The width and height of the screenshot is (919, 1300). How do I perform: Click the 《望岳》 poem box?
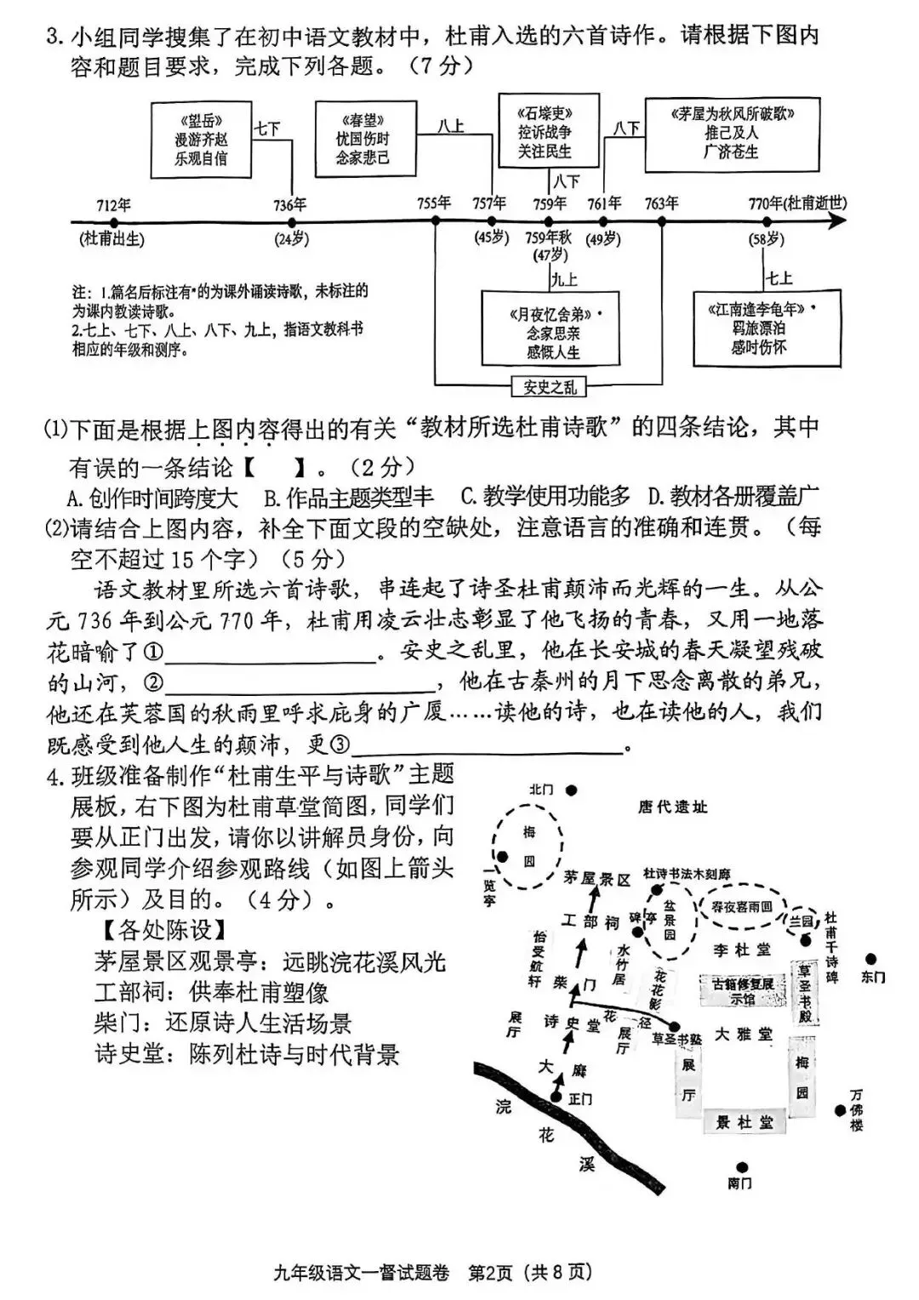coord(201,140)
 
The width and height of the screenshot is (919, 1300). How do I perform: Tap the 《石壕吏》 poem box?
coord(547,132)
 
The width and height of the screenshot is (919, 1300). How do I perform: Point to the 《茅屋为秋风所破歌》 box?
coord(732,134)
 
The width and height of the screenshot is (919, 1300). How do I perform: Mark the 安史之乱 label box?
coord(549,388)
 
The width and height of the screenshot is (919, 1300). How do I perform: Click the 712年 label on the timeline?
coord(113,205)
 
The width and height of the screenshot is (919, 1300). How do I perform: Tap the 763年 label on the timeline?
coord(661,203)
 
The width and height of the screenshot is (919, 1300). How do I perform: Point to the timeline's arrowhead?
coord(838,221)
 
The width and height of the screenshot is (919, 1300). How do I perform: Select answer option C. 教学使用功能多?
coord(545,497)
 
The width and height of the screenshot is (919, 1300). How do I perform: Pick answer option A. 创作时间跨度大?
coord(153,497)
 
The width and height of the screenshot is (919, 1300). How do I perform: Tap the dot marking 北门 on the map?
coord(572,790)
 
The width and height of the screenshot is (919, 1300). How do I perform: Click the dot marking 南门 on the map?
coord(743,1168)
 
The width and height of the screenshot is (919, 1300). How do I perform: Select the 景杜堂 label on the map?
coord(745,1123)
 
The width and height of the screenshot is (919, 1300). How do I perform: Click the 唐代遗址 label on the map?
coord(672,807)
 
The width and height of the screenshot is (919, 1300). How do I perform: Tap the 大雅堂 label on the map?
coord(743,1035)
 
